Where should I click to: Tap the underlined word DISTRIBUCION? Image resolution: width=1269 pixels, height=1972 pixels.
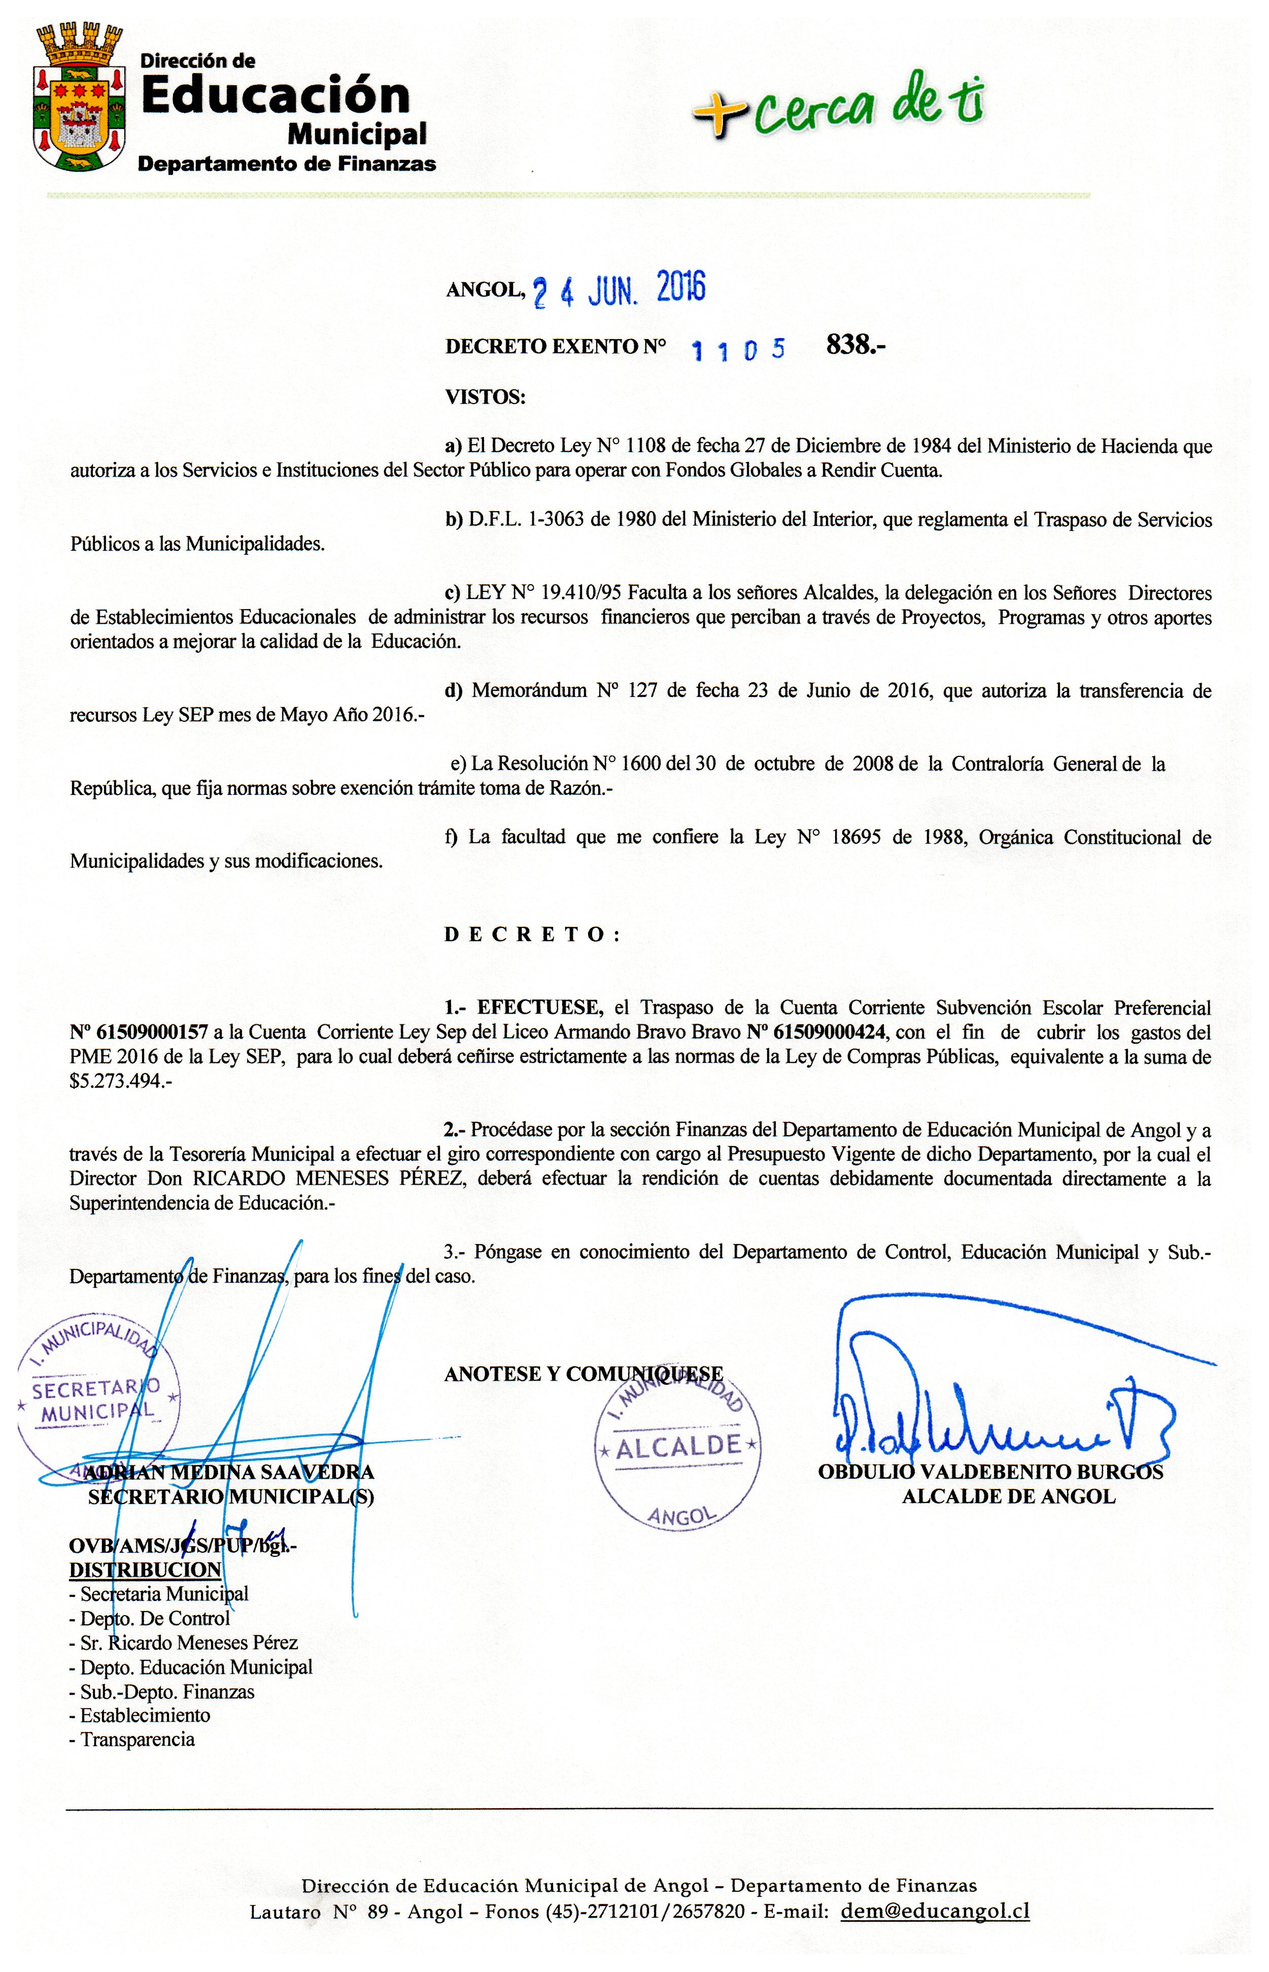(x=145, y=1569)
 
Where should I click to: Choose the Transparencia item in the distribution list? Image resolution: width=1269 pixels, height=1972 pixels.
(x=137, y=1740)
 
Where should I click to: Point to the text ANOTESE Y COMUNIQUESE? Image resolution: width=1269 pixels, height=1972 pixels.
(x=584, y=1374)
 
